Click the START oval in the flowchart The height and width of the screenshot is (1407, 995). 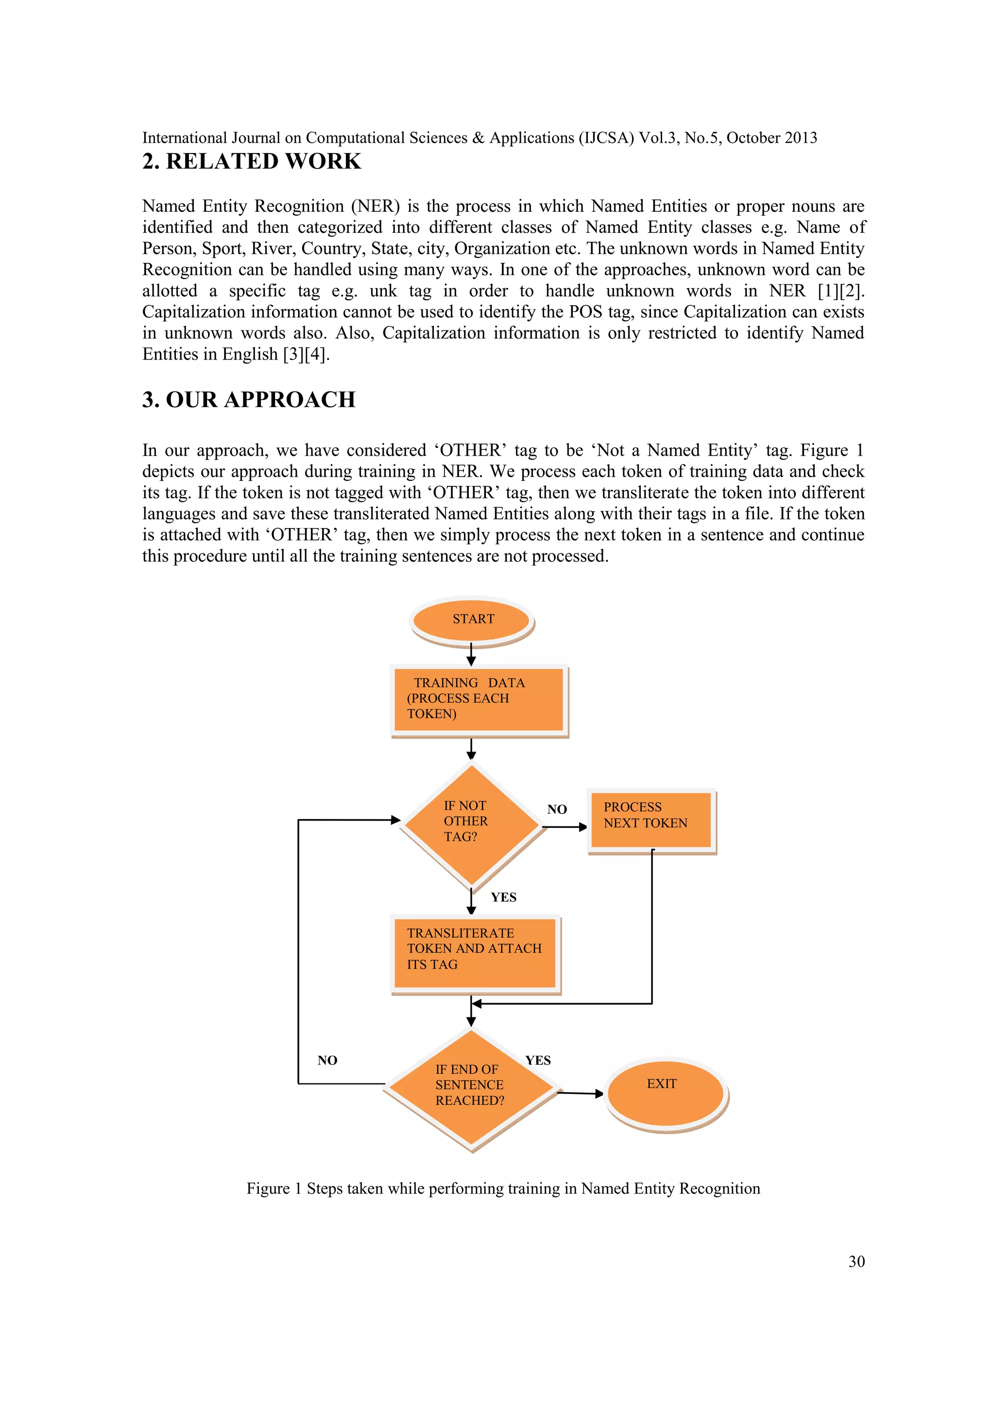471,620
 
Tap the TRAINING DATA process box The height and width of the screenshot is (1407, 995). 479,699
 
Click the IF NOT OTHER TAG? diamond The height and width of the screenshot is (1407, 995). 471,824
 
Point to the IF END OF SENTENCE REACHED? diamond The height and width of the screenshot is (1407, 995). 471,1088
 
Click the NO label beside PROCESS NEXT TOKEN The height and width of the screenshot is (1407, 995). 557,809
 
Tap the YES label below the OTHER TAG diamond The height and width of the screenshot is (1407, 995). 504,897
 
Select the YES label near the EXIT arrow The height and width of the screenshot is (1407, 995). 538,1060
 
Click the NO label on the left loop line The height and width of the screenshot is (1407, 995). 327,1060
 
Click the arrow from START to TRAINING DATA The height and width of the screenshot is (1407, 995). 471,654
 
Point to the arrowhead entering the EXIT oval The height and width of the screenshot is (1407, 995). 599,1094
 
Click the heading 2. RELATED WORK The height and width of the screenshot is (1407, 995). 252,161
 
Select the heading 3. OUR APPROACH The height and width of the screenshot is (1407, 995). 249,399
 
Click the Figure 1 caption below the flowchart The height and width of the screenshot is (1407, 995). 503,1189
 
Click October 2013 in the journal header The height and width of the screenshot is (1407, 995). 772,138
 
